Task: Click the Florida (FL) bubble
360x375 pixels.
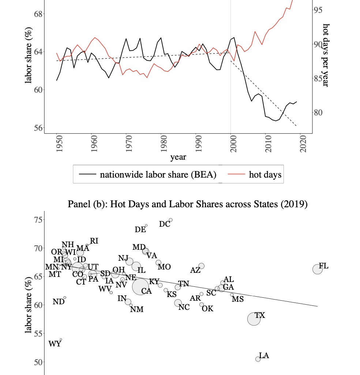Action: coord(318,269)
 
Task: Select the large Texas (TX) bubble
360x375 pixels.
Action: coord(254,319)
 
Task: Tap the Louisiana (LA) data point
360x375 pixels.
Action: coord(258,359)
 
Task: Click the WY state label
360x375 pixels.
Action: coord(55,344)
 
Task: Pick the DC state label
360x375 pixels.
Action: coord(165,224)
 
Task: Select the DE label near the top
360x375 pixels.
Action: coord(140,230)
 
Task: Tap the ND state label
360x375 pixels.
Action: coord(59,302)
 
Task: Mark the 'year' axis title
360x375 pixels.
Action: coord(178,157)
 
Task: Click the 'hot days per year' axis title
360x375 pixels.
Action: coord(326,55)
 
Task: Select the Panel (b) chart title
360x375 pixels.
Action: coord(187,204)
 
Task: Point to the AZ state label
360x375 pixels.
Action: coord(195,270)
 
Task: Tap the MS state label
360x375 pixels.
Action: coord(238,299)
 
